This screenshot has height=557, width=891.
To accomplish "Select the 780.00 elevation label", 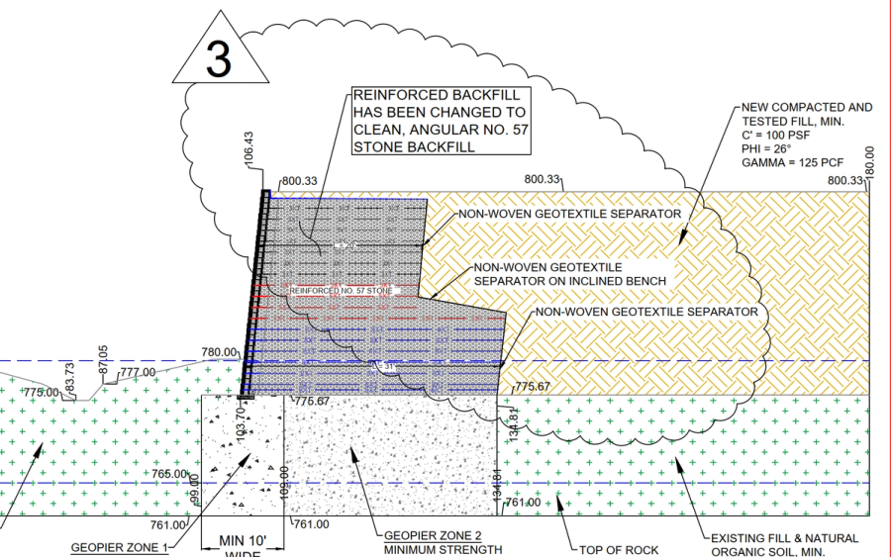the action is [220, 351].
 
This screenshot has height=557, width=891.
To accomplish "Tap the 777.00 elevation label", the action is [138, 372].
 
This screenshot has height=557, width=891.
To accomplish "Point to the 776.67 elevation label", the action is [311, 401].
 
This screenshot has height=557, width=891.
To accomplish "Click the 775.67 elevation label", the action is [533, 386].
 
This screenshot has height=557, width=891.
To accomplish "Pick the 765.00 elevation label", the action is [168, 474].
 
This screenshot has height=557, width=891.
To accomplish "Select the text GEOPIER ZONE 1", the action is [120, 546].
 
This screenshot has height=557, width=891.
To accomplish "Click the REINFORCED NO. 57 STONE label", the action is [341, 291].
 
